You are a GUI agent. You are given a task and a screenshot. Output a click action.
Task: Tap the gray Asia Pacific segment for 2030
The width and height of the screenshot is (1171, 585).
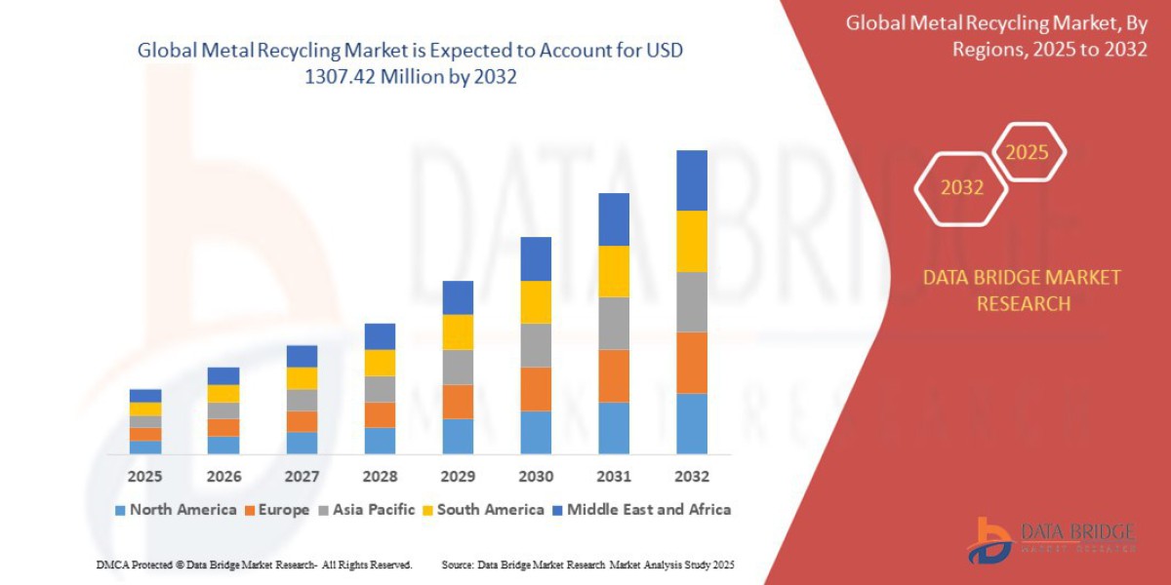coord(536,345)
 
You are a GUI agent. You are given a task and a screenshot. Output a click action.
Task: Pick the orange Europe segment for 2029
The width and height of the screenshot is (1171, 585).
coord(458,402)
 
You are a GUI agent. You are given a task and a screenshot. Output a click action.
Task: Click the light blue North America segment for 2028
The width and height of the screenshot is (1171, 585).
coord(380,441)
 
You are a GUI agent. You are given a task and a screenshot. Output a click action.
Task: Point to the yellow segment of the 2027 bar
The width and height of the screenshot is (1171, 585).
coord(302,378)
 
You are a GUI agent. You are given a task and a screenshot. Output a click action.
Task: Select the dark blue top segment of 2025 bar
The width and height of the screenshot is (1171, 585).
coord(145,396)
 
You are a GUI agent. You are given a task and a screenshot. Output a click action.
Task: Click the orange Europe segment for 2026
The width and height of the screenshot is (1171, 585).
coord(223,427)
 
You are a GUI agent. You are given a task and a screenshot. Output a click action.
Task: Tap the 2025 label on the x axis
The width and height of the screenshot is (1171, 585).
coord(145,477)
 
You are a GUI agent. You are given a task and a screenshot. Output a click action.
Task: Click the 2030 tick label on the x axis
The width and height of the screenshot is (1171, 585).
coord(536,477)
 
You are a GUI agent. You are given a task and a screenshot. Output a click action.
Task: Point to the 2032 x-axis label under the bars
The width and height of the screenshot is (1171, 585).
coord(691,477)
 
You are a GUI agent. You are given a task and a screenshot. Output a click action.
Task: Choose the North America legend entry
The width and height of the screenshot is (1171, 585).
coord(176,509)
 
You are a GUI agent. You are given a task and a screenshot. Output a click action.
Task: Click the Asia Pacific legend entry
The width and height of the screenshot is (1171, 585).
coord(366,509)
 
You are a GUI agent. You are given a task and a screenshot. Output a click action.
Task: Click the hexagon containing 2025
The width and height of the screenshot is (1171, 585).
coord(1027,153)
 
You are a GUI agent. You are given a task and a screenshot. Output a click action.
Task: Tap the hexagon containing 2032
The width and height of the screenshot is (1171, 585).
coord(961,188)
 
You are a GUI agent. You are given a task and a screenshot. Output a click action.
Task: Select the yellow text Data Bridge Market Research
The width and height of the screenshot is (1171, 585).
coord(1022,291)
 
